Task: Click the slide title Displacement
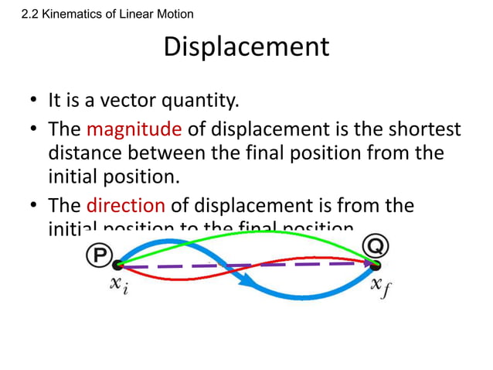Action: [x=246, y=47]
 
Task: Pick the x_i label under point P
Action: [x=117, y=286]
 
